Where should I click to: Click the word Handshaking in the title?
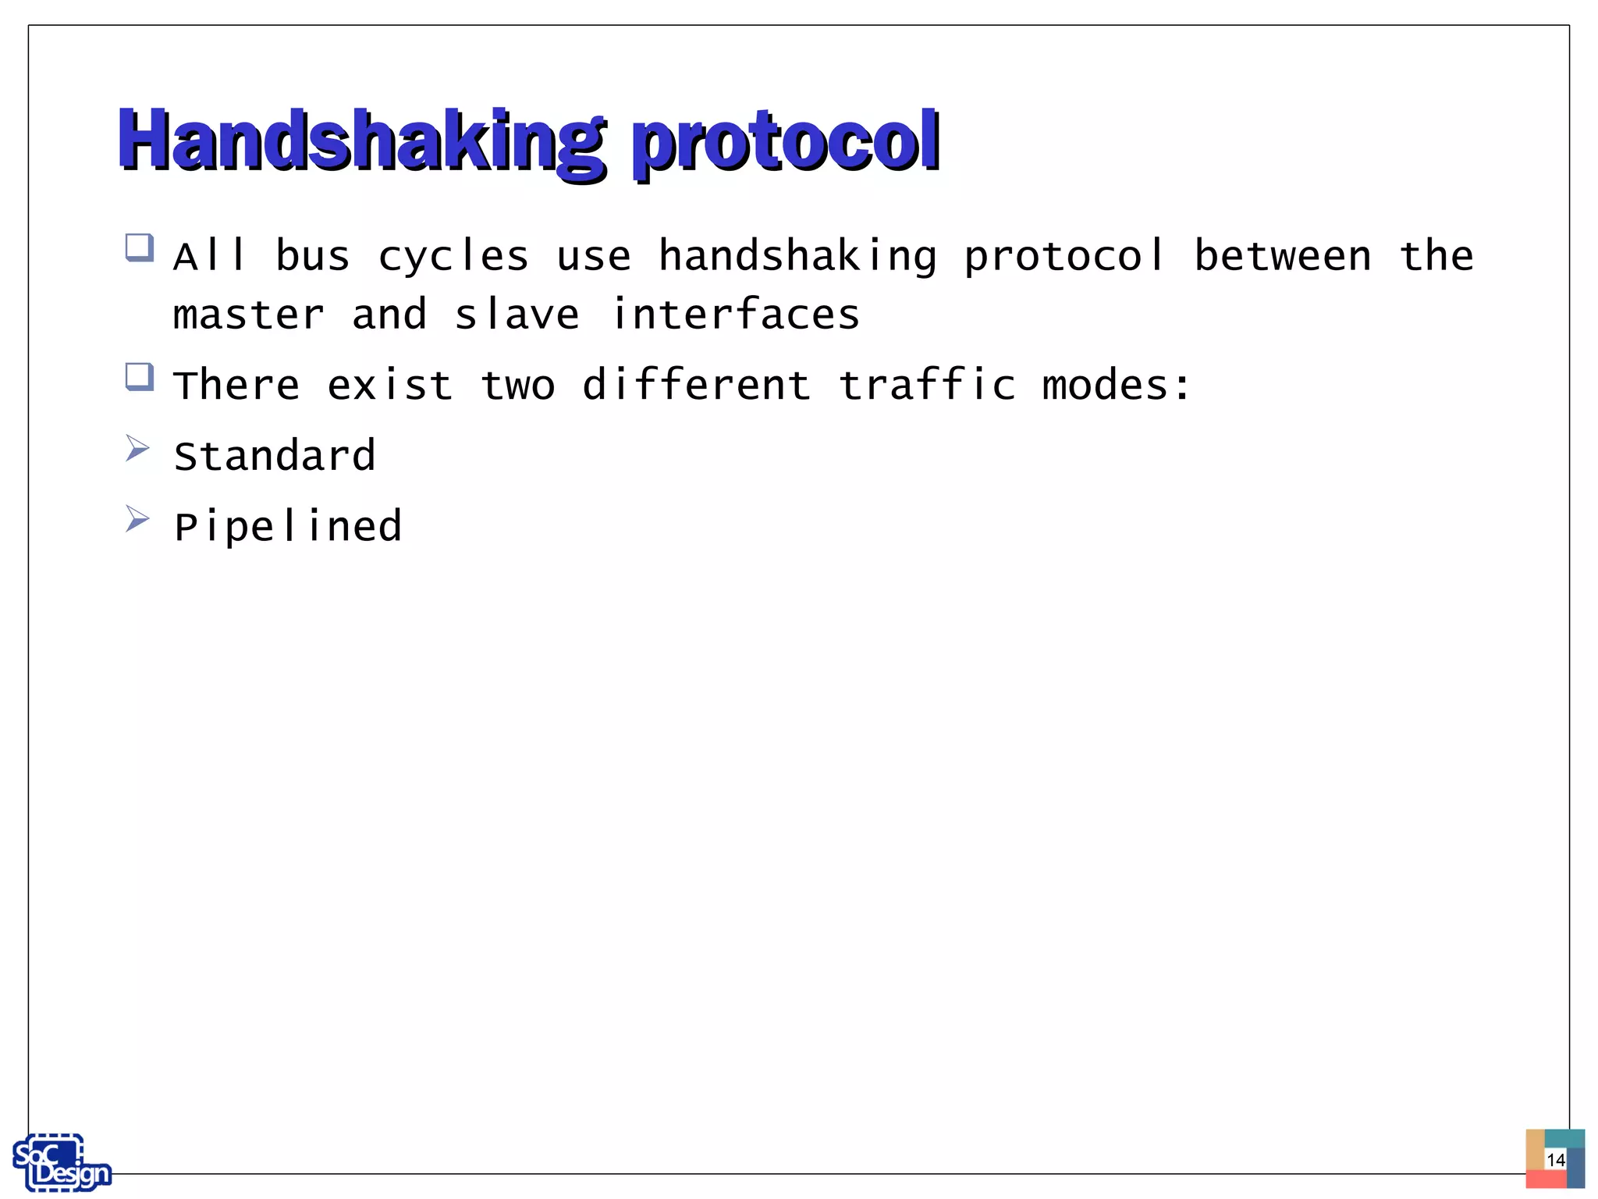(x=360, y=141)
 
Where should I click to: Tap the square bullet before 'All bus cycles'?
(x=140, y=248)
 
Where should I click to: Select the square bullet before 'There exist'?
(x=140, y=377)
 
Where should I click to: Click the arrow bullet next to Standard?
(x=137, y=448)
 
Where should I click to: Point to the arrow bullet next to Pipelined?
(x=137, y=518)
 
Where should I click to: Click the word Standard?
(x=275, y=456)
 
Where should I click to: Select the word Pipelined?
(x=288, y=527)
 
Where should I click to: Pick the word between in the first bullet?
(x=1283, y=256)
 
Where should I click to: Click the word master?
(x=248, y=315)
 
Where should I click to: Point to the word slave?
(x=517, y=315)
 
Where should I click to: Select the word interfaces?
(x=735, y=314)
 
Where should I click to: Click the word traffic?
(x=927, y=386)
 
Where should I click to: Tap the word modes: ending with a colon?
(x=1117, y=386)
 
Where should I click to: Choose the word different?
(x=696, y=386)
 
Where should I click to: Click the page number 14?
(x=1555, y=1160)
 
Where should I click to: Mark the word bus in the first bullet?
(x=313, y=256)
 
